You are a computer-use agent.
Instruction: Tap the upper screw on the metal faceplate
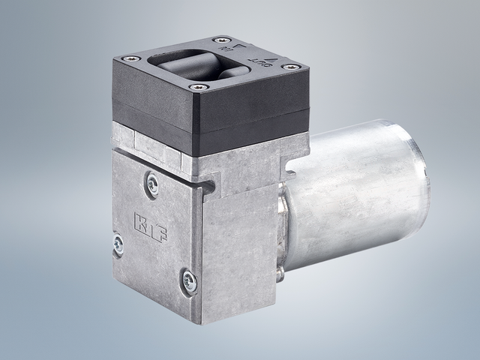[x=153, y=184]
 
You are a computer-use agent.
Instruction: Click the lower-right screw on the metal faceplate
[x=188, y=282]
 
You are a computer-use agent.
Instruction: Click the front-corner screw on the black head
[x=198, y=88]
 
